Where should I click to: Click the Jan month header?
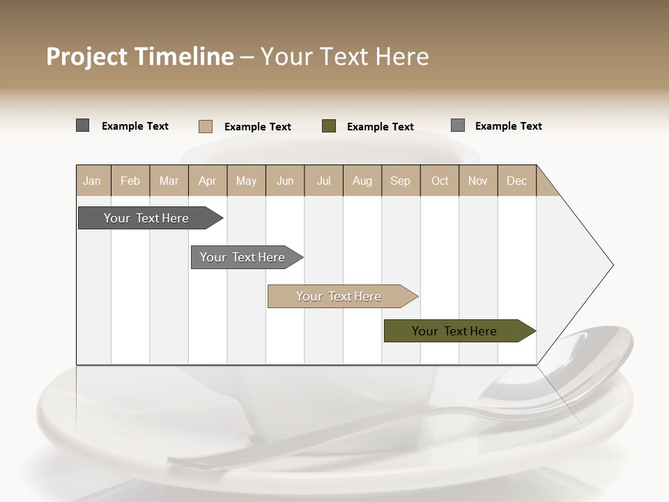pyautogui.click(x=93, y=181)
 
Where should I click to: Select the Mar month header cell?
pyautogui.click(x=169, y=181)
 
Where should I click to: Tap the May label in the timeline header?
pyautogui.click(x=246, y=181)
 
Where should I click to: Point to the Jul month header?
pyautogui.click(x=323, y=181)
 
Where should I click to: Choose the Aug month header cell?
pyautogui.click(x=362, y=181)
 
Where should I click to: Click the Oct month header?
pyautogui.click(x=439, y=181)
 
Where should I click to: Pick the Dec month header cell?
pyautogui.click(x=516, y=181)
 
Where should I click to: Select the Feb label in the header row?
pyautogui.click(x=130, y=181)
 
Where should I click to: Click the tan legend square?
pyautogui.click(x=206, y=126)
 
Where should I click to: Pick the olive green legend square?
pyautogui.click(x=329, y=126)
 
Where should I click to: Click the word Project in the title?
pyautogui.click(x=87, y=56)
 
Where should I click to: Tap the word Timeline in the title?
pyautogui.click(x=184, y=56)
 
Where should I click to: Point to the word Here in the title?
pyautogui.click(x=402, y=56)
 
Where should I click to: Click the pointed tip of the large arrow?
pyautogui.click(x=612, y=265)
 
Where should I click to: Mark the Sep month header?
pyautogui.click(x=400, y=181)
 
